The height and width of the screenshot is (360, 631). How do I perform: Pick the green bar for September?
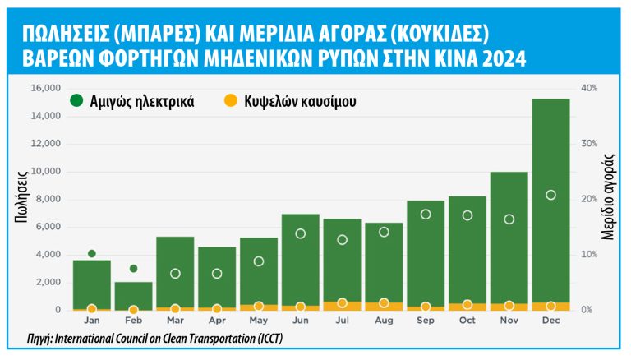pos(426,255)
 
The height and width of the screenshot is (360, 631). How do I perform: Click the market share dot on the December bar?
pos(550,195)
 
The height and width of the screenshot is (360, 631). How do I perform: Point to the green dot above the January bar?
pos(92,253)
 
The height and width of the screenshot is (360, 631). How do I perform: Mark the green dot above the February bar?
pos(133,268)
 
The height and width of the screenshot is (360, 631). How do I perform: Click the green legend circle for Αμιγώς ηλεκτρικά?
pos(76,101)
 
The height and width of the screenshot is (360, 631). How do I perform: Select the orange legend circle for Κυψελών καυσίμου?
pos(230,101)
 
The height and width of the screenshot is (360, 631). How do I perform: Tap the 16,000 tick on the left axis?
pos(44,88)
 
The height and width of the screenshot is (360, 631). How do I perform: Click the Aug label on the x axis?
pos(384,321)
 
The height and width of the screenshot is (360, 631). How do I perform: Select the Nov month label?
pos(509,321)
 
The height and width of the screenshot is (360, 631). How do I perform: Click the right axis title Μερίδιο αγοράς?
pos(610,198)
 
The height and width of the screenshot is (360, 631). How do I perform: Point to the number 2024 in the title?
pos(500,59)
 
